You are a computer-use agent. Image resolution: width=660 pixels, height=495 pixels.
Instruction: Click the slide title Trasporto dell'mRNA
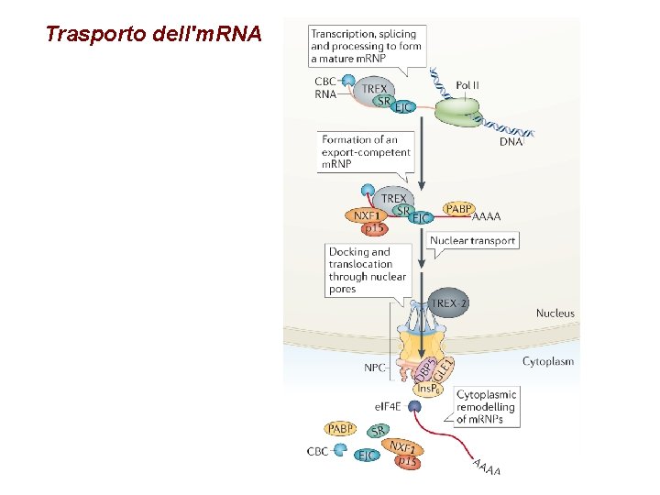[x=153, y=35]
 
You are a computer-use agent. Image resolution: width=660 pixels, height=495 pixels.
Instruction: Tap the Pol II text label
[x=467, y=85]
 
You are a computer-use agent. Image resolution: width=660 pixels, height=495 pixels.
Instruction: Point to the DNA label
[x=511, y=142]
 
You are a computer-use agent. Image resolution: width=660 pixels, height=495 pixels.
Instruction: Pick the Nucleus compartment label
[x=555, y=313]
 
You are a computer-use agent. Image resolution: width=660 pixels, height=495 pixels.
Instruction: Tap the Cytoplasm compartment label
[x=548, y=361]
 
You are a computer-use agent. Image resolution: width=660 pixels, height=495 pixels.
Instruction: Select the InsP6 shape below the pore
[x=427, y=389]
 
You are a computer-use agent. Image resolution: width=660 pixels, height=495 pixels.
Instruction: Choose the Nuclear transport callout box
[x=472, y=241]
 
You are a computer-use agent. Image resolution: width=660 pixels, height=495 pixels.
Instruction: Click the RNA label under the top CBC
[x=324, y=93]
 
